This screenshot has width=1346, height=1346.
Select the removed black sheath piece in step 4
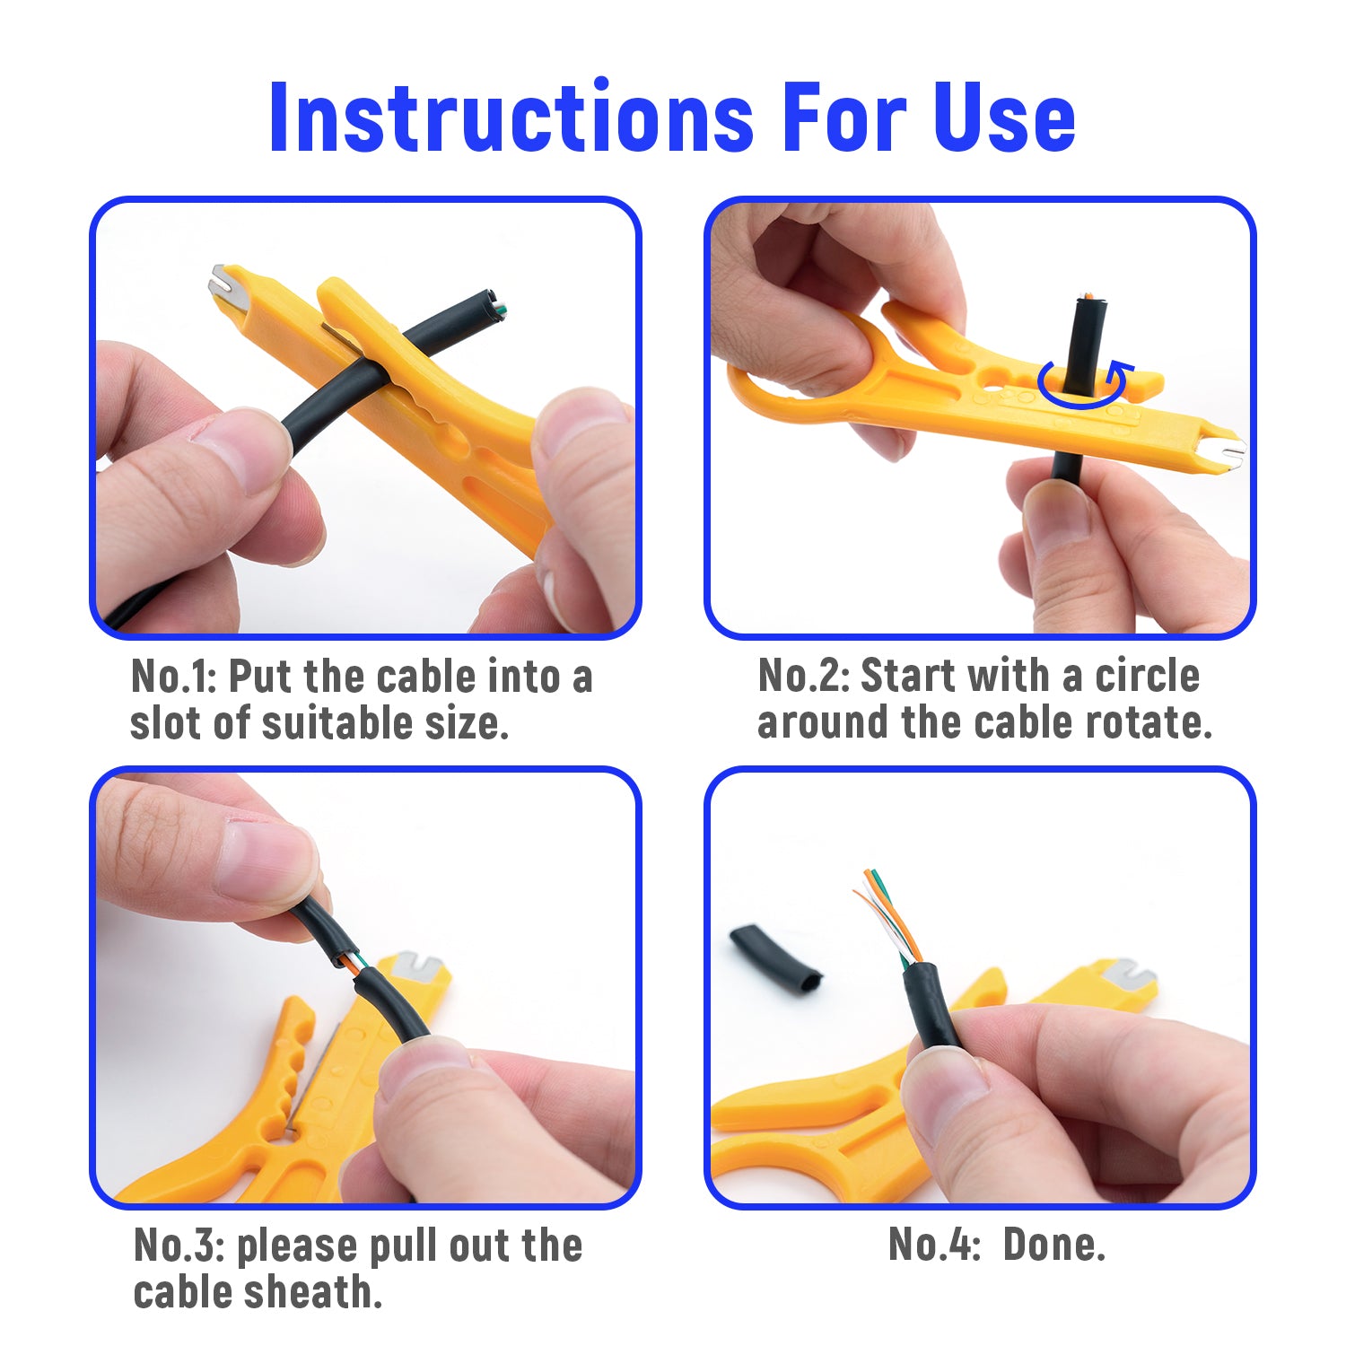[775, 958]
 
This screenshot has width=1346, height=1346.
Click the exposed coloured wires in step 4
[888, 915]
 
